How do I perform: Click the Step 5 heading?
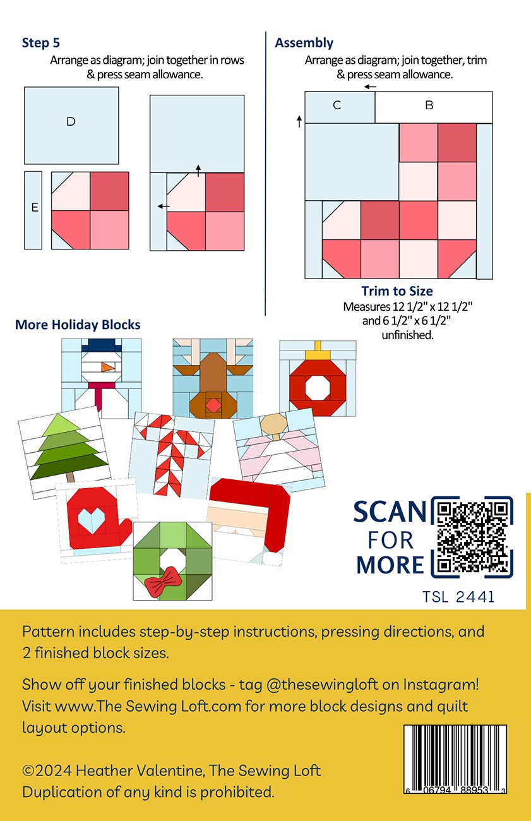click(40, 43)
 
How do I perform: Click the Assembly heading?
click(304, 43)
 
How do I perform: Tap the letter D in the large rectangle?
click(71, 121)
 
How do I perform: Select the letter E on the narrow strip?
click(35, 207)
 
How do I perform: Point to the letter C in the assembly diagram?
click(337, 105)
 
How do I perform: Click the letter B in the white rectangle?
click(429, 105)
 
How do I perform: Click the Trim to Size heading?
click(397, 291)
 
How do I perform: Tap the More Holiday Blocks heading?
click(78, 325)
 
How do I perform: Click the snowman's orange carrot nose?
click(107, 367)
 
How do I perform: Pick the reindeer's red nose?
click(213, 405)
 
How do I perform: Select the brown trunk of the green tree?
click(71, 477)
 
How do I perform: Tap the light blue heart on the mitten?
click(92, 520)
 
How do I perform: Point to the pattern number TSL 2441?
click(458, 597)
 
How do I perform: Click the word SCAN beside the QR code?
click(390, 512)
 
